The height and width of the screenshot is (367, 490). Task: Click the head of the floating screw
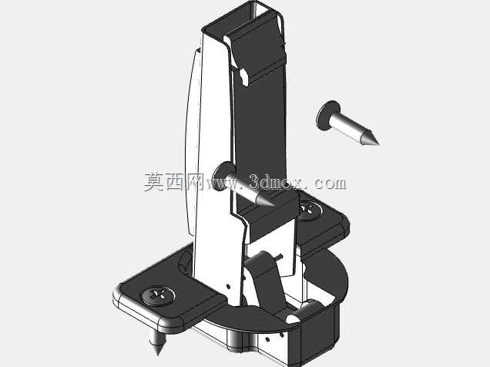click(327, 116)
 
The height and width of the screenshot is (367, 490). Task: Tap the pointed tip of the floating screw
click(379, 145)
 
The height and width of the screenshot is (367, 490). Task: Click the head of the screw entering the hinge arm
click(223, 175)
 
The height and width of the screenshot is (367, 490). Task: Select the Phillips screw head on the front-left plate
click(159, 295)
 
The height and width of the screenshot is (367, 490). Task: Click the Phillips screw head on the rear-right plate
click(309, 210)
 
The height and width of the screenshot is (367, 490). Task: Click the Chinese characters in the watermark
click(173, 182)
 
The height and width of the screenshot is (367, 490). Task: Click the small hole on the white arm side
click(229, 286)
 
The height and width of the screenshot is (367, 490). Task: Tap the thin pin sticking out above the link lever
click(279, 258)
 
